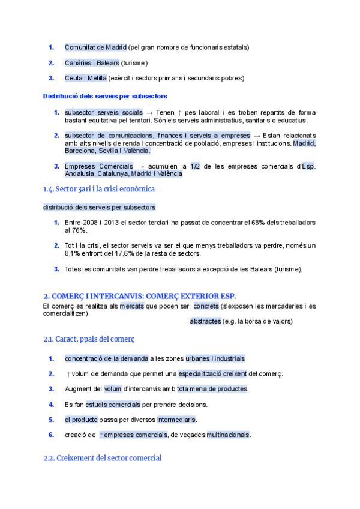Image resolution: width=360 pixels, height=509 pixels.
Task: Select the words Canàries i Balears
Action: pos(92,62)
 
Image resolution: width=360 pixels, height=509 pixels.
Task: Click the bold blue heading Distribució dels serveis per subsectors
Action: pos(105,96)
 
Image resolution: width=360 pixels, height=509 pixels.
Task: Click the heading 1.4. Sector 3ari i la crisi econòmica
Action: pos(99,189)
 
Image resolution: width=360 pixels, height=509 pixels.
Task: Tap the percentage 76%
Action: pos(80,230)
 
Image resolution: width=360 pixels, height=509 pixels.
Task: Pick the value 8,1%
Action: pos(74,253)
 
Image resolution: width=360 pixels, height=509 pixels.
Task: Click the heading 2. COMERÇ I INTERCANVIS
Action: pos(140,296)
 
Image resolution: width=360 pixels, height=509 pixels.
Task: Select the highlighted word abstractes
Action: pos(205,321)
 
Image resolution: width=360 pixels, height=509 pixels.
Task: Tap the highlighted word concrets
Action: pos(206,306)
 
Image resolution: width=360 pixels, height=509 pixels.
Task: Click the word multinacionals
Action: pos(229,435)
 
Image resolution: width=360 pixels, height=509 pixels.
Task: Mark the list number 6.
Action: pos(52,435)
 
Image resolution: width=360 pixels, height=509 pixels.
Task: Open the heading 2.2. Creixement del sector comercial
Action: pos(102,458)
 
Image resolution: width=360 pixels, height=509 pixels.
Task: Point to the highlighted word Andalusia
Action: pos(79,174)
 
